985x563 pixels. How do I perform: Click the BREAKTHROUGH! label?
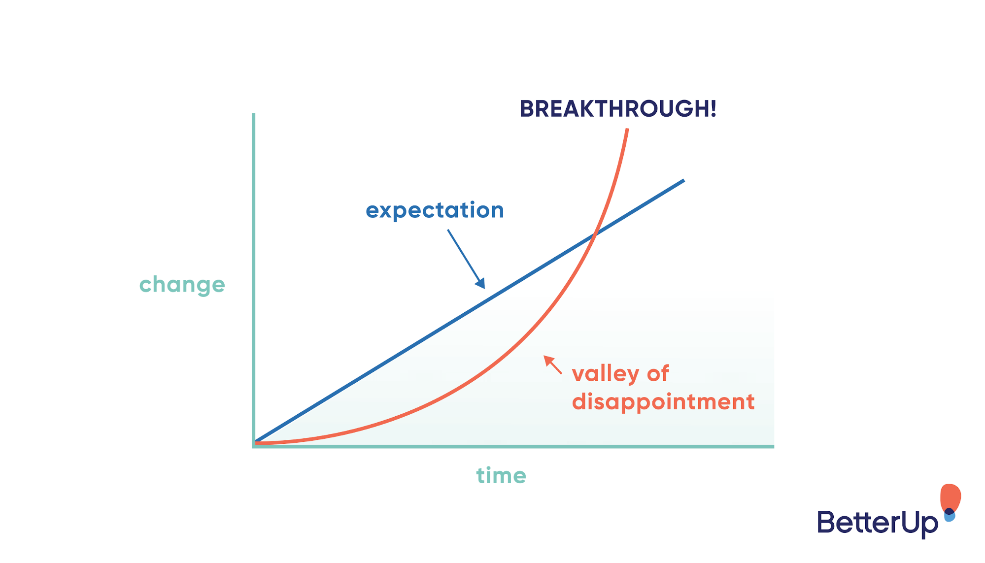(x=617, y=109)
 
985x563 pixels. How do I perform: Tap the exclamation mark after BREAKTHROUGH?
(x=713, y=109)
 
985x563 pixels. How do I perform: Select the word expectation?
(x=435, y=210)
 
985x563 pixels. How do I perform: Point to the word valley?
(x=605, y=374)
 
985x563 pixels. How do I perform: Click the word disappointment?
(x=663, y=402)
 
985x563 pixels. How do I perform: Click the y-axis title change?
(x=182, y=285)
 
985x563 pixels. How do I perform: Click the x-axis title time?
(x=501, y=476)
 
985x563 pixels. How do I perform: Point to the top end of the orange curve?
(x=627, y=130)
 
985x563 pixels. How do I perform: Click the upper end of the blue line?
(x=683, y=181)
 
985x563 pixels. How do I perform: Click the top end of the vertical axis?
(x=253, y=115)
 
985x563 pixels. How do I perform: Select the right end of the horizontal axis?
(x=772, y=446)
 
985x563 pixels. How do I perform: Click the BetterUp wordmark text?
(x=877, y=523)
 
